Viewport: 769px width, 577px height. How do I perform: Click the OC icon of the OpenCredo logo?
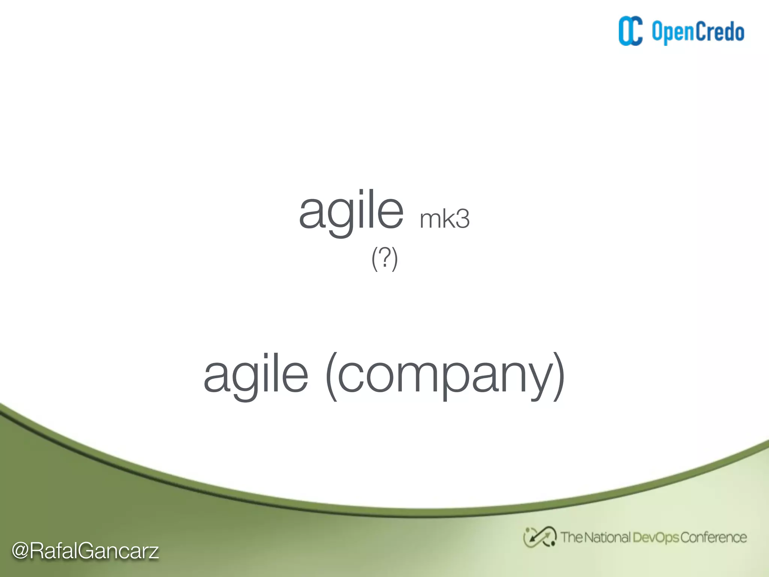[x=630, y=31]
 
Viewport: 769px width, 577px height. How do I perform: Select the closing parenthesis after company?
[x=559, y=376]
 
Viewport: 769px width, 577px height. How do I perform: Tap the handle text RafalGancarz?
[x=94, y=551]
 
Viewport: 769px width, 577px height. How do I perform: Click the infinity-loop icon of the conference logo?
[x=540, y=537]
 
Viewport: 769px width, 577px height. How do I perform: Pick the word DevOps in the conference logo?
[x=655, y=538]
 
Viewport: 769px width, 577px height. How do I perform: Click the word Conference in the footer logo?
[x=713, y=538]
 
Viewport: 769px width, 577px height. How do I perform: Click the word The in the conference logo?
[x=571, y=538]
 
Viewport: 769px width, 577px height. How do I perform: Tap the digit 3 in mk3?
[x=462, y=219]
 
